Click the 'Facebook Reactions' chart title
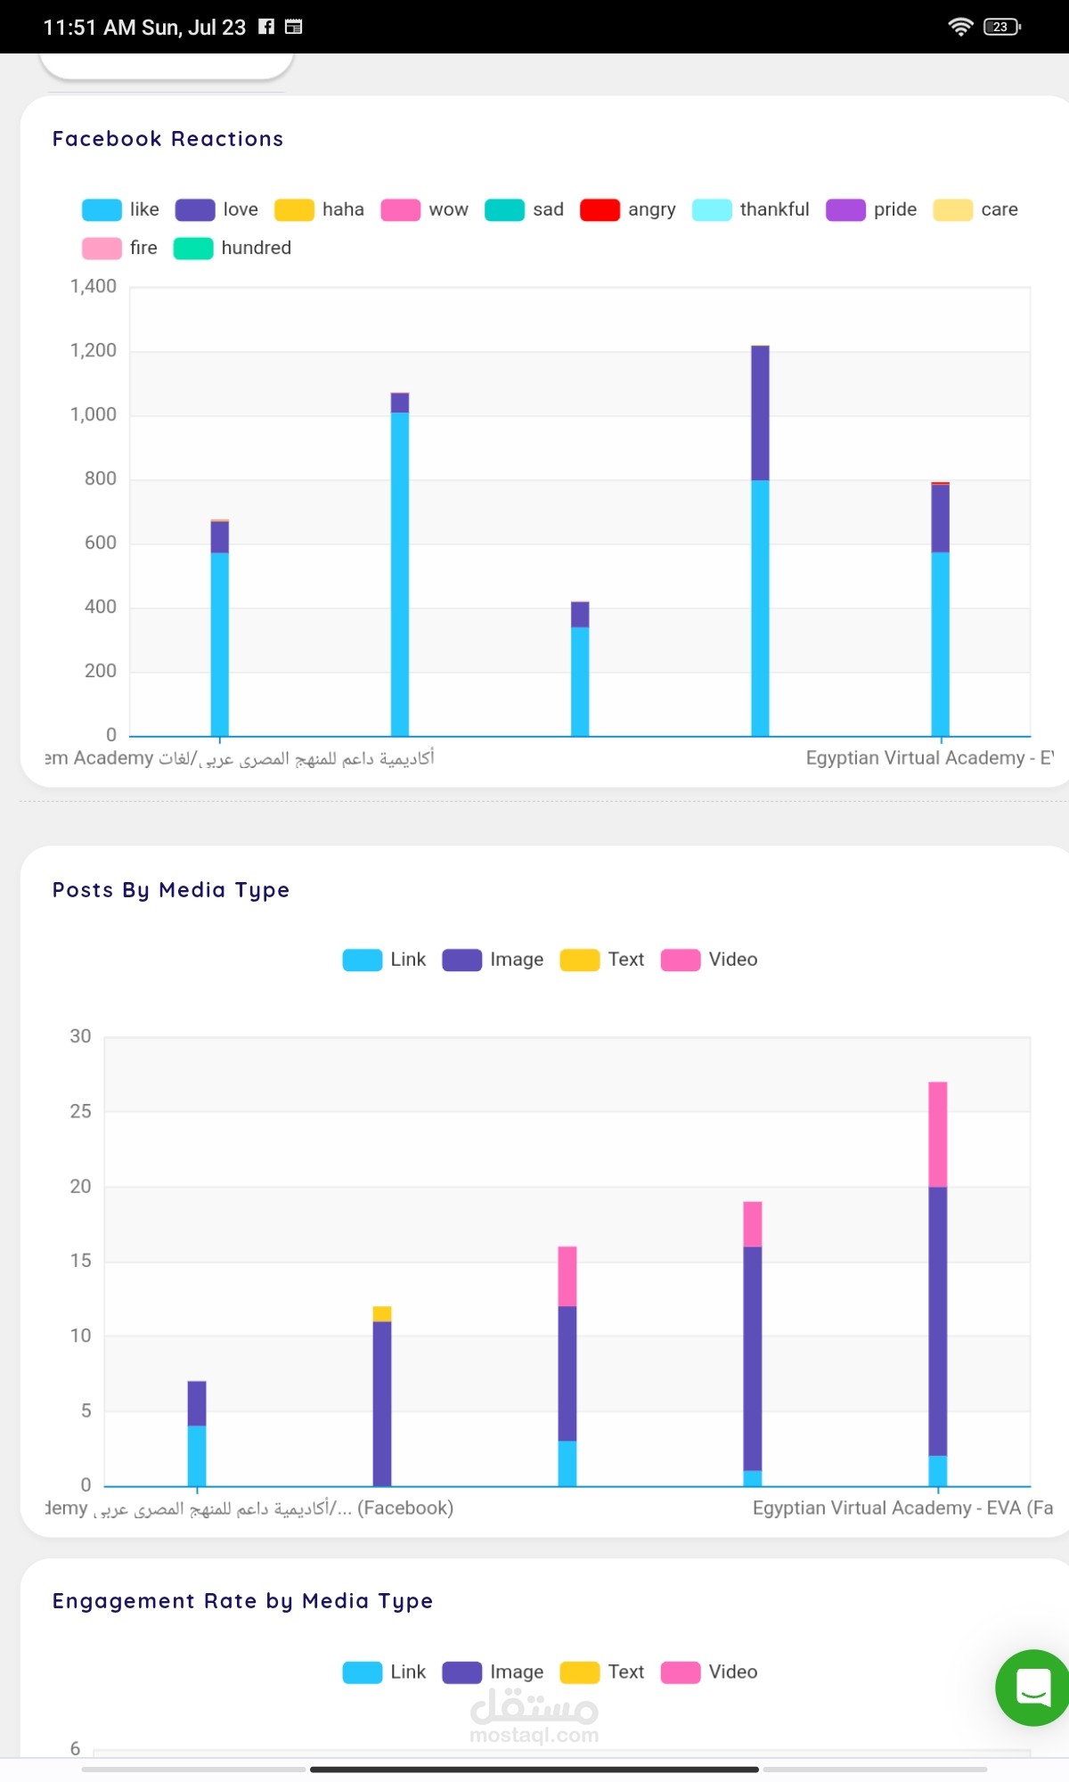point(167,139)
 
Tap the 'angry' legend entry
point(628,209)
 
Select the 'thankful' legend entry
point(751,209)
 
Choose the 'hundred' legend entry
point(233,248)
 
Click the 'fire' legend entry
point(120,248)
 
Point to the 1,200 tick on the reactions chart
point(94,350)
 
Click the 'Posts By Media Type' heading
point(171,890)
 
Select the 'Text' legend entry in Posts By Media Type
point(602,960)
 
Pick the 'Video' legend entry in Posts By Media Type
point(709,960)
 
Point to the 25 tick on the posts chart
point(81,1111)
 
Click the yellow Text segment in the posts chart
point(382,1313)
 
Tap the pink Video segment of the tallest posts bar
point(937,1133)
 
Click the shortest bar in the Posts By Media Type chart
point(197,1435)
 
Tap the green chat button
point(1033,1688)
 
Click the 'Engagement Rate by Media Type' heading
point(242,1601)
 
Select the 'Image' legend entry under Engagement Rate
point(493,1672)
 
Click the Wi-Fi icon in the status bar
point(960,27)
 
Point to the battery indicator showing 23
point(1001,27)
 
